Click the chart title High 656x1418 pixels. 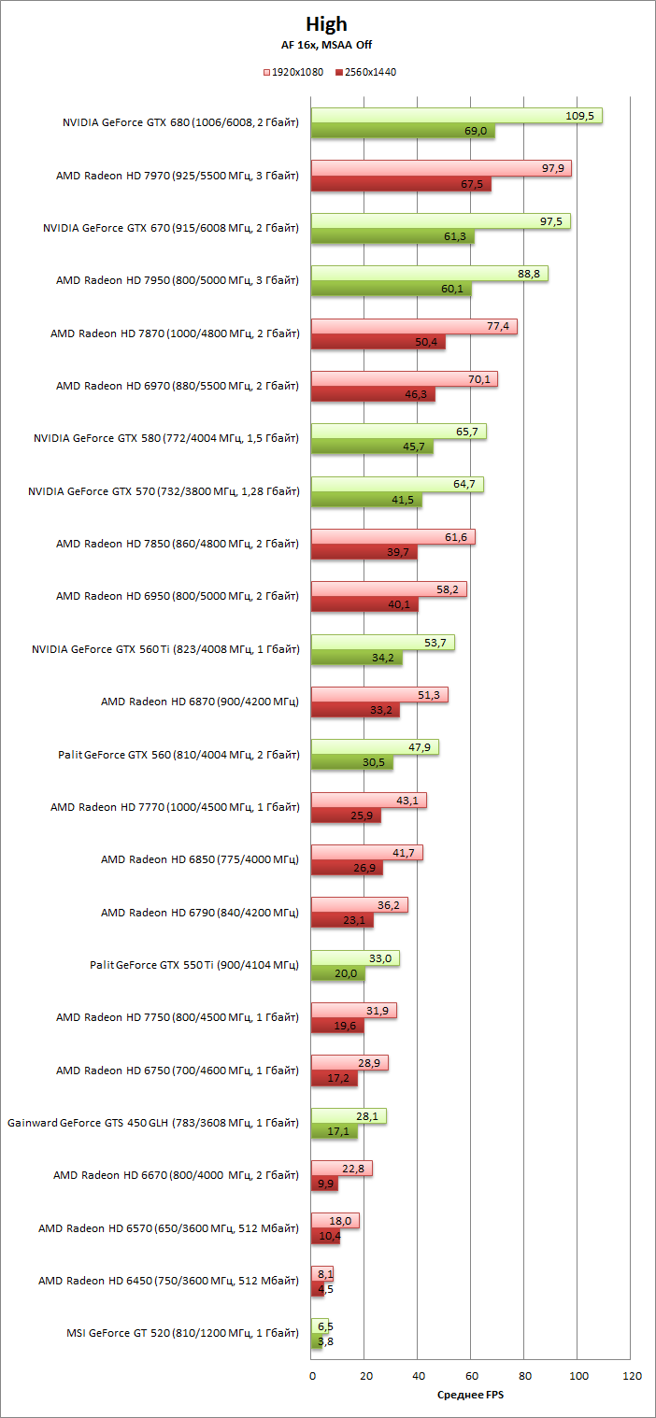(x=326, y=24)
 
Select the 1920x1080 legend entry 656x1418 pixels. (x=295, y=72)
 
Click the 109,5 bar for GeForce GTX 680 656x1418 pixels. (x=456, y=116)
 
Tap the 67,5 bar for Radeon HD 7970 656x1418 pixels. (x=401, y=184)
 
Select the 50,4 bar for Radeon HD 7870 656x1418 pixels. (x=378, y=342)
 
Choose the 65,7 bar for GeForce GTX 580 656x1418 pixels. (x=398, y=432)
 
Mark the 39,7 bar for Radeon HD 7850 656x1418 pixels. (x=364, y=552)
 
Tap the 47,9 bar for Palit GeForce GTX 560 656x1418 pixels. (x=374, y=747)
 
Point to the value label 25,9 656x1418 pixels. (x=366, y=815)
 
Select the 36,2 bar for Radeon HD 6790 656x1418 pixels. (x=359, y=905)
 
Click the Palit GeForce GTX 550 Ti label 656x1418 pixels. (x=194, y=965)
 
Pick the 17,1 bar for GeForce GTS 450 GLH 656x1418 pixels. (x=334, y=1131)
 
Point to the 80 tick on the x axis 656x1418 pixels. (x=524, y=1376)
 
